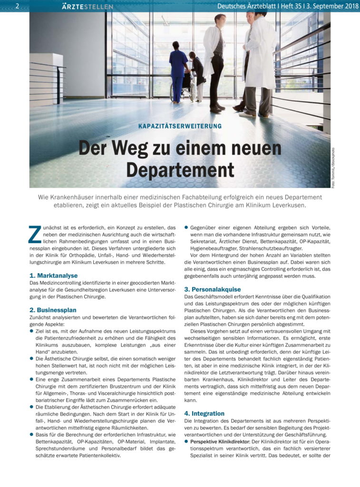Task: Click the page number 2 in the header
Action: pos(17,6)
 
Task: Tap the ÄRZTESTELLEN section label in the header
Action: pos(88,6)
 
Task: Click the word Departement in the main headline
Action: pos(180,170)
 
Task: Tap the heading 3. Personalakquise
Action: pos(213,289)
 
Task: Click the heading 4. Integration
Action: pos(204,413)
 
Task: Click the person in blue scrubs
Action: pos(179,71)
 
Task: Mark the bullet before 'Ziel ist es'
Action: pos(31,330)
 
